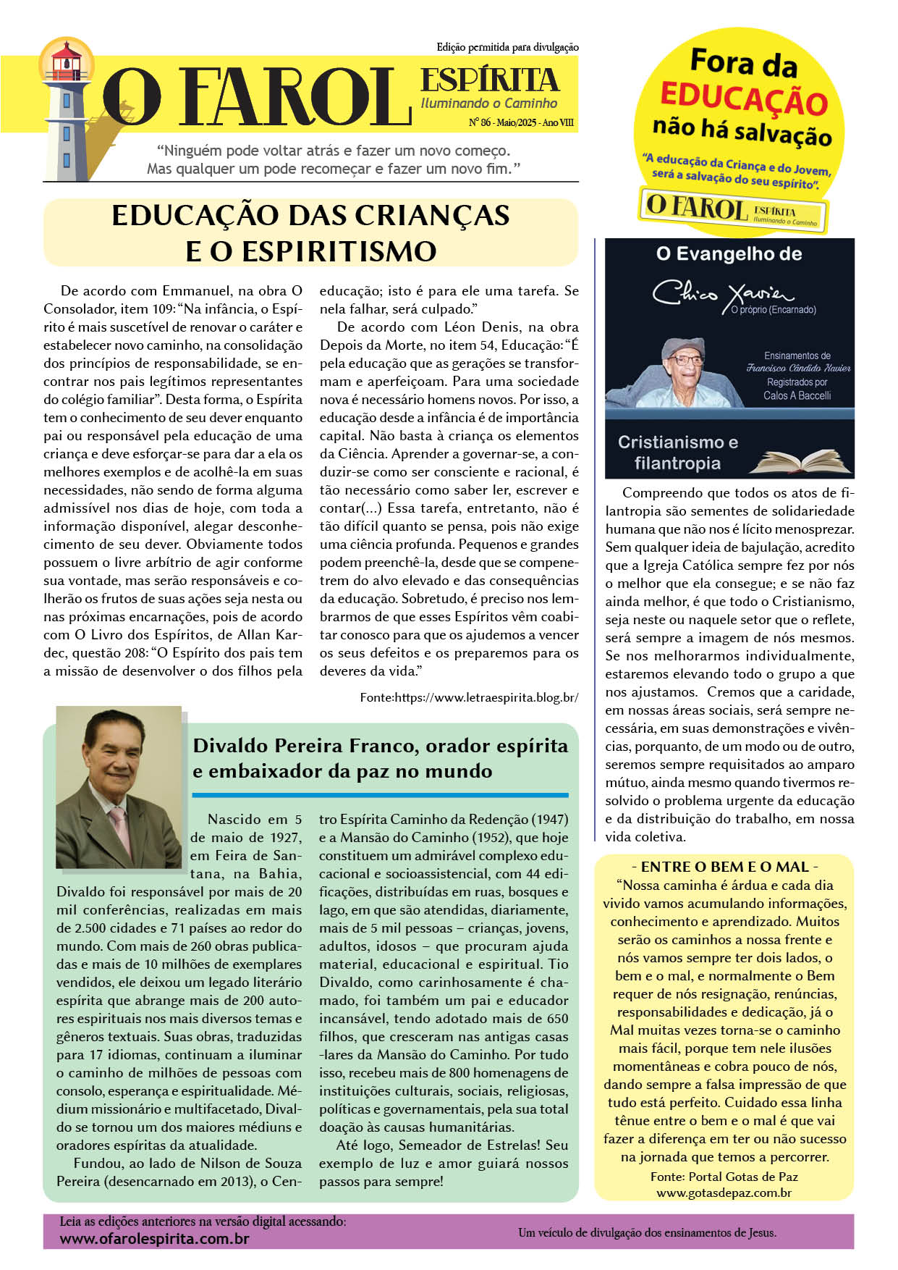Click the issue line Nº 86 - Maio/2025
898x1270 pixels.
[x=521, y=123]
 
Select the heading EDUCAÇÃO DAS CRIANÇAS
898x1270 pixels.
[x=310, y=216]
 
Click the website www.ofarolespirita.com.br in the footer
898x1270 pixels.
[x=154, y=1239]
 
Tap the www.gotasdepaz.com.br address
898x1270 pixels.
[x=724, y=1193]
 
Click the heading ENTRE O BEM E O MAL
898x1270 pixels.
[x=724, y=867]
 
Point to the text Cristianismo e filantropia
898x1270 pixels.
[x=677, y=453]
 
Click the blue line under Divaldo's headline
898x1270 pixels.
[x=380, y=795]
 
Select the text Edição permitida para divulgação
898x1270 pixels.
[x=507, y=47]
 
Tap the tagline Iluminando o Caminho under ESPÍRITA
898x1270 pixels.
[x=489, y=104]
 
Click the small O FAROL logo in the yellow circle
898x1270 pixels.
[x=732, y=210]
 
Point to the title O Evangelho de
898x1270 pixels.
[x=729, y=254]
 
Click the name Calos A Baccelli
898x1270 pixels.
[x=797, y=395]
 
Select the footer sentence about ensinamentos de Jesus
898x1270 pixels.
[x=647, y=1232]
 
